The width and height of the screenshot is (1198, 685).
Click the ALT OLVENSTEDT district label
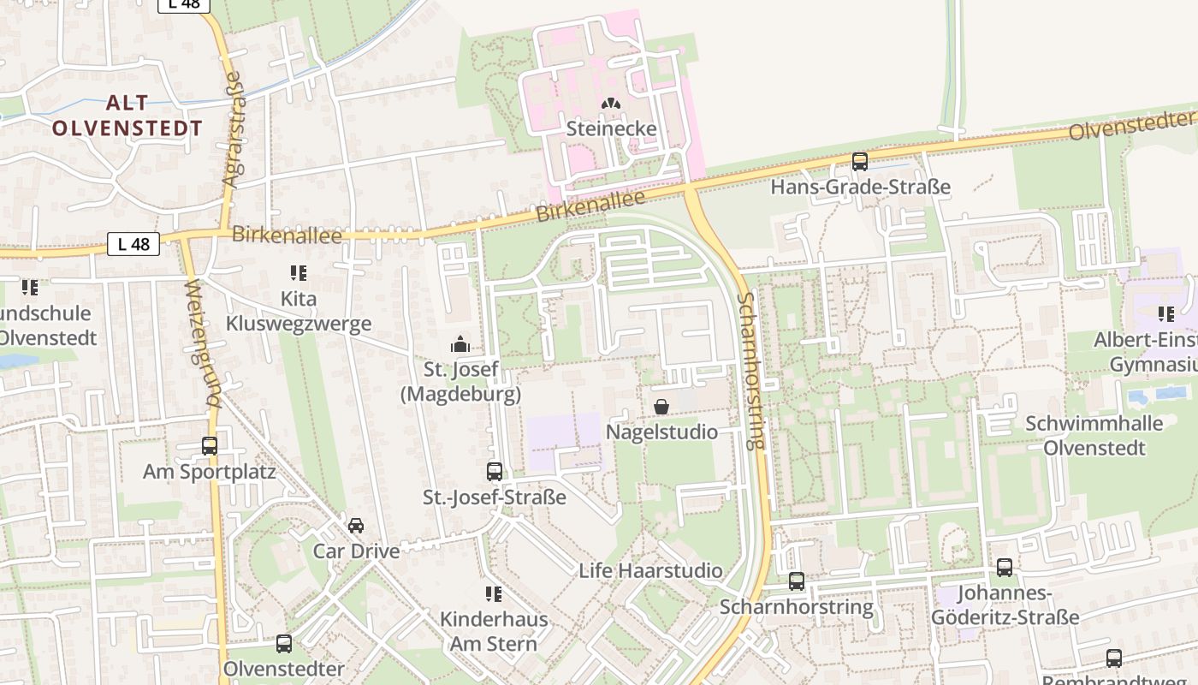(x=128, y=116)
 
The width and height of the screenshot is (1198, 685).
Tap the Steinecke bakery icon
(x=611, y=104)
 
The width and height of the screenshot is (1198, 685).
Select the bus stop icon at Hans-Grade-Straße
(x=860, y=161)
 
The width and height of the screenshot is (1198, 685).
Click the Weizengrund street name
(x=203, y=342)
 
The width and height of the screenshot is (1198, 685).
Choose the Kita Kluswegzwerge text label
(x=299, y=311)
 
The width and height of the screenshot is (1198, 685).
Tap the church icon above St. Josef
(x=460, y=345)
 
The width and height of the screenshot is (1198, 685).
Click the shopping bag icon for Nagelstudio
(x=661, y=407)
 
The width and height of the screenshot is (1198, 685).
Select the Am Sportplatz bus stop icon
(x=210, y=446)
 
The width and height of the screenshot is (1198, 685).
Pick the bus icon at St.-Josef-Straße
(x=495, y=472)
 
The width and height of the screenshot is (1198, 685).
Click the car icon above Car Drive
(x=356, y=525)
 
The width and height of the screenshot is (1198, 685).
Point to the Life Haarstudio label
(x=650, y=570)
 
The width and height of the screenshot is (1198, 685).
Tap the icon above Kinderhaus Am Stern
(x=494, y=593)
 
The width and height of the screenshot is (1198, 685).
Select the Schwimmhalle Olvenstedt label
(x=1094, y=435)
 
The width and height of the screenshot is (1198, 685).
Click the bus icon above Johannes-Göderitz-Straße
(x=1005, y=567)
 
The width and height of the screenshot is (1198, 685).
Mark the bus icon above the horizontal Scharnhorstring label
(x=797, y=581)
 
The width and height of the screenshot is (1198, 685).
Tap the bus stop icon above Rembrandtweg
(x=1114, y=658)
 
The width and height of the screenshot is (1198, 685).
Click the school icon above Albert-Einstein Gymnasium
(x=1165, y=314)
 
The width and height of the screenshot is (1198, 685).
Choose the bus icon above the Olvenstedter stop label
(x=284, y=644)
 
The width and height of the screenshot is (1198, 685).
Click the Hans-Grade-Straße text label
(x=861, y=187)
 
